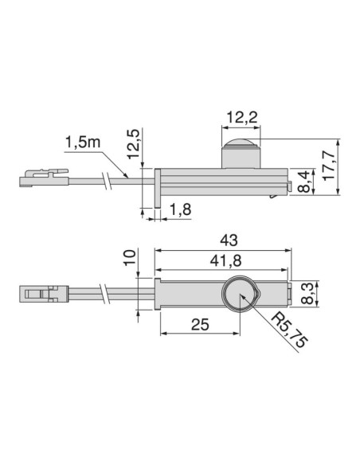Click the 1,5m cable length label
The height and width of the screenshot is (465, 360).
(82, 144)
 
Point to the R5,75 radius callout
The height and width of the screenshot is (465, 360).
(288, 329)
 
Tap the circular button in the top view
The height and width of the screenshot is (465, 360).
(239, 295)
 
